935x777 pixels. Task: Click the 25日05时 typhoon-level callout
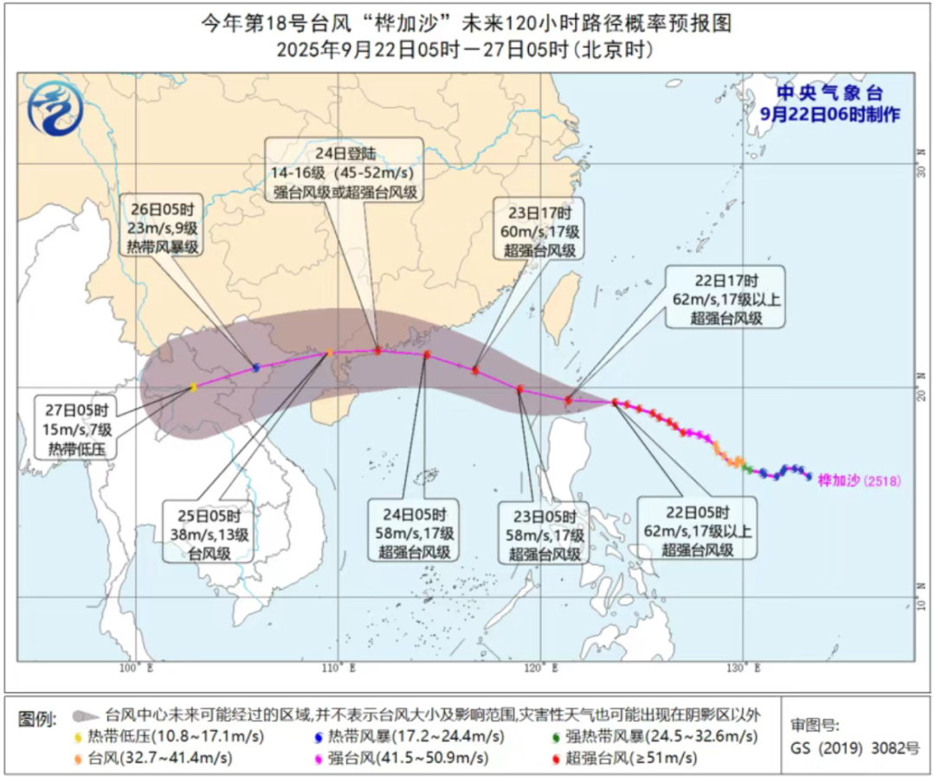tap(209, 530)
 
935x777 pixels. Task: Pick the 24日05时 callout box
tap(414, 530)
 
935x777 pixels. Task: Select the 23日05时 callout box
tap(543, 530)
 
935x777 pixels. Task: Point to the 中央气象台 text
tap(829, 94)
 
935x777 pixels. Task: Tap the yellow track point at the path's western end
tap(193, 388)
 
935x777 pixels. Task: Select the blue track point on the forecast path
tap(255, 368)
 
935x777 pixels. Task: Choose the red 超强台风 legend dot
tap(553, 758)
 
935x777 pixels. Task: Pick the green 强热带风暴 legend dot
tap(553, 737)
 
